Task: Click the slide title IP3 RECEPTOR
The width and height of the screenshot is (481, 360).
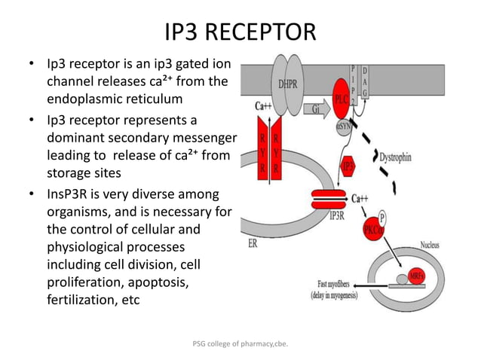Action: point(240,32)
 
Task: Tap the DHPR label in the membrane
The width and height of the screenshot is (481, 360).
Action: point(287,84)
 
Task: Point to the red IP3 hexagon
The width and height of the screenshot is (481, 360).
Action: point(348,164)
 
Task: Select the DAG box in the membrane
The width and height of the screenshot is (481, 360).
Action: point(365,81)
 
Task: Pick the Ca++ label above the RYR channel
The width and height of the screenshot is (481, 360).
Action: point(263,106)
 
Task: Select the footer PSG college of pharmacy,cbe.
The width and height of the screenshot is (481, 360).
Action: point(240,344)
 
